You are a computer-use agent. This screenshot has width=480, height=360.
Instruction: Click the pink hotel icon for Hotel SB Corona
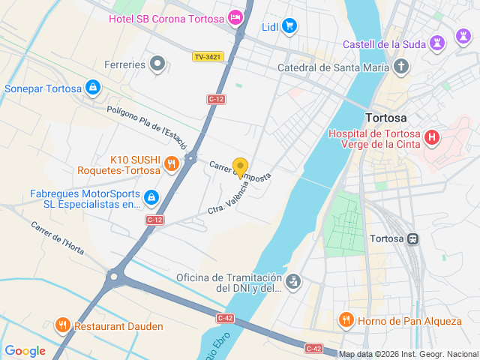pos(236,16)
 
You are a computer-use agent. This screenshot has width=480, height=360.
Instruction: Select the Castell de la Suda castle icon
pos(439,43)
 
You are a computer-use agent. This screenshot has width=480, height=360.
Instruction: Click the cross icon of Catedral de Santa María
pos(401,67)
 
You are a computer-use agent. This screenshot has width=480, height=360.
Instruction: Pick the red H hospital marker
pos(432,137)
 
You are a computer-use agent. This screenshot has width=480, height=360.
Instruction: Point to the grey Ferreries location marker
pos(157,64)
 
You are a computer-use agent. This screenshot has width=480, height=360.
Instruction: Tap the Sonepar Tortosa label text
pos(43,88)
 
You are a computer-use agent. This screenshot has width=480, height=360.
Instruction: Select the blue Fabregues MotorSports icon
pos(151,197)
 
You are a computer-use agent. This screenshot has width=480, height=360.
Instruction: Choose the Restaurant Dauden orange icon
pos(62,326)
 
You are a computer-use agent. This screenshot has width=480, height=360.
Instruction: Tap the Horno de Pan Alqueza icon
pos(346,320)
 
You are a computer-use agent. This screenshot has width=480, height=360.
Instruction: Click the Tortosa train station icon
pos(412,238)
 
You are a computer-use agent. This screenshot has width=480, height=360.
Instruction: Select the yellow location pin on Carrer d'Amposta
pos(240,167)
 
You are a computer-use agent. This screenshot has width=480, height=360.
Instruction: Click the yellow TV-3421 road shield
pos(208,56)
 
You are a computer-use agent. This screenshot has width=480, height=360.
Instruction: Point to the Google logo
pos(25,350)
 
